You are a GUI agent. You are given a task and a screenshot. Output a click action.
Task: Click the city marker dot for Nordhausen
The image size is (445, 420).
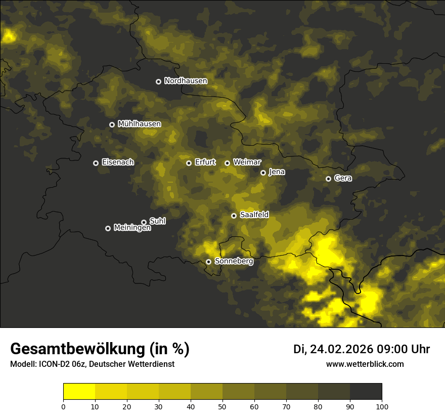click(x=158, y=81)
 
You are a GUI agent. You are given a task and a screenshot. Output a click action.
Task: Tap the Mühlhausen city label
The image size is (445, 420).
click(x=139, y=124)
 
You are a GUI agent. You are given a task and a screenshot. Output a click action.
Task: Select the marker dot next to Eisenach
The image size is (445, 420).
click(x=96, y=163)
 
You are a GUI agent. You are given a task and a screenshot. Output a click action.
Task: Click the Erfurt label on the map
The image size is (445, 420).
click(x=205, y=162)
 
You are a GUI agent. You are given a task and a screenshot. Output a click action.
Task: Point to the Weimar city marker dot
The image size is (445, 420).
click(x=227, y=163)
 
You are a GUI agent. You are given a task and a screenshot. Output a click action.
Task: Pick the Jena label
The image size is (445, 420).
click(x=277, y=172)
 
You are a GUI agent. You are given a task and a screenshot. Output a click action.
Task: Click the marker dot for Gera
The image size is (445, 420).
click(x=328, y=179)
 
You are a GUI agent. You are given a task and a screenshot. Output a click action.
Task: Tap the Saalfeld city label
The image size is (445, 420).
click(x=254, y=215)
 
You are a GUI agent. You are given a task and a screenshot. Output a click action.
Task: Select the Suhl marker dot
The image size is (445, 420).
click(x=144, y=222)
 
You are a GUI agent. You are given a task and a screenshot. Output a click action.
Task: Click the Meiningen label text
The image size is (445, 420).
click(x=132, y=228)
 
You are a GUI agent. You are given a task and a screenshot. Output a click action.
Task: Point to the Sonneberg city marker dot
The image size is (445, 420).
click(x=208, y=262)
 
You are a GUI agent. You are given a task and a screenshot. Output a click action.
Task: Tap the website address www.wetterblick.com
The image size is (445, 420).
click(x=365, y=364)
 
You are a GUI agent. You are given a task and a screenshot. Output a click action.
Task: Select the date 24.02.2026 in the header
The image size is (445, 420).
click(x=341, y=349)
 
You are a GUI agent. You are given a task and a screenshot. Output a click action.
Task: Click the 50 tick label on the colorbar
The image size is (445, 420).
click(x=223, y=406)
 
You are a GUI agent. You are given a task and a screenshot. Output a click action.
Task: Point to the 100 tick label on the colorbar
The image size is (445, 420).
click(x=382, y=406)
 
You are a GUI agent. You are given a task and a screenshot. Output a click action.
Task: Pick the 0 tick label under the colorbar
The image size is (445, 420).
click(x=63, y=406)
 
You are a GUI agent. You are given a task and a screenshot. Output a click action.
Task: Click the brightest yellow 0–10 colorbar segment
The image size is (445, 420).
click(x=79, y=392)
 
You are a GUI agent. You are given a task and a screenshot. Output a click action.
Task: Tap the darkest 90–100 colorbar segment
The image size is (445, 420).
click(x=366, y=392)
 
